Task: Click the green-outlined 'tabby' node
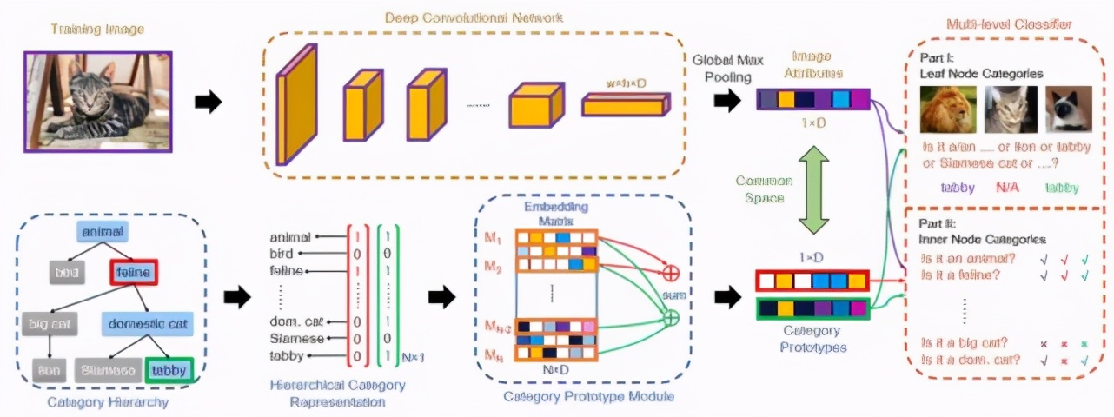click(169, 370)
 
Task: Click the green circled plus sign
click(671, 318)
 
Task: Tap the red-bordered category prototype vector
click(812, 281)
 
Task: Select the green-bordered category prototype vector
click(812, 308)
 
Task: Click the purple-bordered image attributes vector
click(812, 99)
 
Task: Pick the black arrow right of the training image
click(207, 102)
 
